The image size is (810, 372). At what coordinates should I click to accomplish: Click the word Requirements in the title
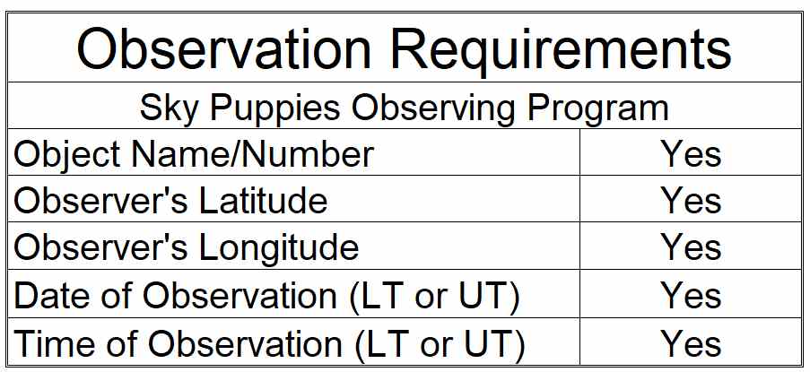(x=561, y=50)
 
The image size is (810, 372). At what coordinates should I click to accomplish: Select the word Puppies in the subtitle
(x=274, y=109)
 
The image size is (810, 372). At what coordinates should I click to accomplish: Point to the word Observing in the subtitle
(x=433, y=109)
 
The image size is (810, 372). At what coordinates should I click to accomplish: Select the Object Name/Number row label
(x=194, y=154)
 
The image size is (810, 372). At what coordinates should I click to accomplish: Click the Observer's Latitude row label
(x=170, y=200)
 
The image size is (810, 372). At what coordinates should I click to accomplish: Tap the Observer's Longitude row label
(x=186, y=247)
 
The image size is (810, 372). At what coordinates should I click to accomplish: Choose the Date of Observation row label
(x=266, y=296)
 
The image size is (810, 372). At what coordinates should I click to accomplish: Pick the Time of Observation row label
(x=269, y=343)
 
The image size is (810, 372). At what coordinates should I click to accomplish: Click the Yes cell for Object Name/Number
(x=692, y=154)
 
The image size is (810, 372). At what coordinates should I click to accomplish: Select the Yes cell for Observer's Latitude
(x=692, y=200)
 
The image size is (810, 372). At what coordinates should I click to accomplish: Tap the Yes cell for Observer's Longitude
(x=692, y=247)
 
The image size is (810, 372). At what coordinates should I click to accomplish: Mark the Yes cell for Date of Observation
(x=692, y=296)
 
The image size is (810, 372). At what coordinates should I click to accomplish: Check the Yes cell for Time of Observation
(x=692, y=343)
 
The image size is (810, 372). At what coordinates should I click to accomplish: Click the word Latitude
(x=263, y=200)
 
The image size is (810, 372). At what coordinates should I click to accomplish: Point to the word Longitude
(x=278, y=247)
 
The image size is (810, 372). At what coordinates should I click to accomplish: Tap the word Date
(x=42, y=296)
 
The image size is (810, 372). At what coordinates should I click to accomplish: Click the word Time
(x=45, y=343)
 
